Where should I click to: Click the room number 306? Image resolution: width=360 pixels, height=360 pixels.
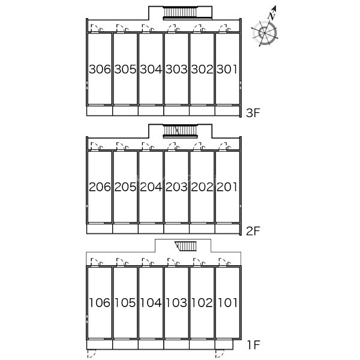[100, 70]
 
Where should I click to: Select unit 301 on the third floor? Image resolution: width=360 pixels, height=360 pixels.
[227, 70]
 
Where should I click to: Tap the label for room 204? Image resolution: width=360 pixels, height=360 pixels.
[151, 187]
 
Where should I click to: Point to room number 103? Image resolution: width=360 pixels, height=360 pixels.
[176, 303]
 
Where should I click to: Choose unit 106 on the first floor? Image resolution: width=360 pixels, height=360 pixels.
[100, 303]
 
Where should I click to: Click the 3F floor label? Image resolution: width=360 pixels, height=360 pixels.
[253, 113]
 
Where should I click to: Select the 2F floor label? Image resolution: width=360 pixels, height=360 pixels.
[253, 231]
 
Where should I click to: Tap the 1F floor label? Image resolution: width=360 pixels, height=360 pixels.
[253, 345]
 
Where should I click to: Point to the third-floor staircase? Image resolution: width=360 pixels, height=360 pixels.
[180, 13]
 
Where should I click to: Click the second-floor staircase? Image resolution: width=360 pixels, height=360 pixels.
[180, 131]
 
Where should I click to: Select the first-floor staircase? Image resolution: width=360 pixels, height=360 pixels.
[186, 246]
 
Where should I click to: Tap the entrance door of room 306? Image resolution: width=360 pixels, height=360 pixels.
[97, 28]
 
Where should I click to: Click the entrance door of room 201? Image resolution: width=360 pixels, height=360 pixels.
[225, 146]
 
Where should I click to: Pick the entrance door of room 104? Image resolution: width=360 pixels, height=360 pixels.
[148, 262]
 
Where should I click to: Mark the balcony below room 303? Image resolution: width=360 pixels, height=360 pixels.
[176, 110]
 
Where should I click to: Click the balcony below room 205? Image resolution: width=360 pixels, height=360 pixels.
[125, 229]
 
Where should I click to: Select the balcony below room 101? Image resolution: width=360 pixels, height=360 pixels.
[224, 344]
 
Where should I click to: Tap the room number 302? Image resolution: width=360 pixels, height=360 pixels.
[202, 70]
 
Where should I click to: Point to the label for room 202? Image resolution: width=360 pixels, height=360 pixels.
[202, 187]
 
